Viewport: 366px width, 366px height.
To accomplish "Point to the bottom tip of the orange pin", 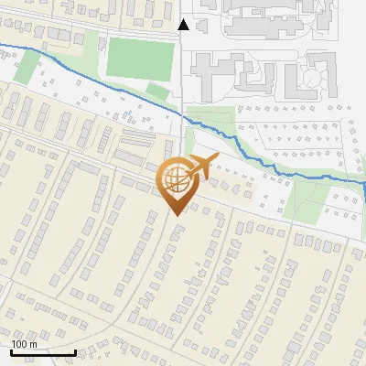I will (x=177, y=214).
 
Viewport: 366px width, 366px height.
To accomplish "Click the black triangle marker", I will (x=184, y=25).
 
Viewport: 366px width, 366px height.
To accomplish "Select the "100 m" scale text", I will (x=24, y=344).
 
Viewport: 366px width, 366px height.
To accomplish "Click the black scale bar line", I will (x=44, y=351).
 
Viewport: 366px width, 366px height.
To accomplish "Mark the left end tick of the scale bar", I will (x=12, y=350).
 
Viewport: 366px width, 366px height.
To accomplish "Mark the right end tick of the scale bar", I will (x=76, y=350).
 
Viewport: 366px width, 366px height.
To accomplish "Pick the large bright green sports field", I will (x=139, y=58).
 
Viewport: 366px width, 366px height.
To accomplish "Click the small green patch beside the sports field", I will (x=157, y=91).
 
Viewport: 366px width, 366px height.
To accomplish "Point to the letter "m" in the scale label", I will (x=32, y=344).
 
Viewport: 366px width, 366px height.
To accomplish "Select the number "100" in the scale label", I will (x=19, y=344).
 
